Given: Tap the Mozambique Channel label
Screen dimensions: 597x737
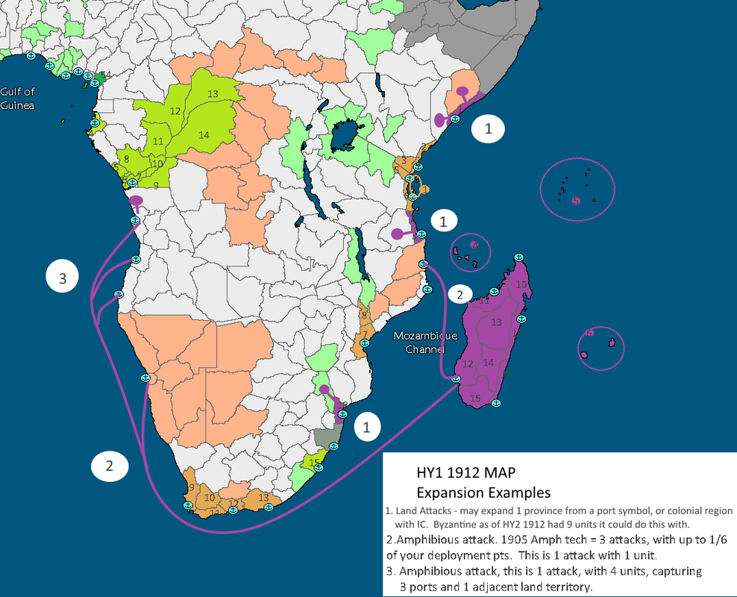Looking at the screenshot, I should point(426,342).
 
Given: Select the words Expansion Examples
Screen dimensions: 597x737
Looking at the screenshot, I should point(483,493).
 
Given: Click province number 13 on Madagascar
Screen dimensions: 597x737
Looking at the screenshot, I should point(497,322).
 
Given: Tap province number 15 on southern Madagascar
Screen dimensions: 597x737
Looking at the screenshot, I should point(476,398).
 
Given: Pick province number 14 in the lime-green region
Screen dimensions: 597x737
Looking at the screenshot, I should point(204,134).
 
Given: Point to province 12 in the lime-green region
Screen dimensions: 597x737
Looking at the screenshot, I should point(175,110).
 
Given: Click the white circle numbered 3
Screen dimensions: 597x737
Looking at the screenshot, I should point(63,278).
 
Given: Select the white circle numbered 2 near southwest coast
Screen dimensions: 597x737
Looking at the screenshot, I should point(110,466).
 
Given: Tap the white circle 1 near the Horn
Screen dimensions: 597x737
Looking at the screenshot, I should point(488,129).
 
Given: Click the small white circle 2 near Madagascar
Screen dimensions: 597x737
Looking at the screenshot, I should point(460,293).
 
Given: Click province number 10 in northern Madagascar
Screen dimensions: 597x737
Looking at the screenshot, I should point(522,285).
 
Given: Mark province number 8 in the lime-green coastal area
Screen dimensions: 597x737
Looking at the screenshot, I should point(126,158).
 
